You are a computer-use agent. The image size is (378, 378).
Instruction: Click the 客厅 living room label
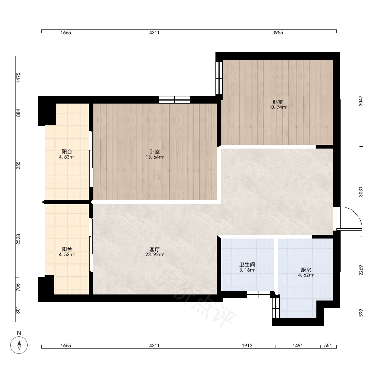[155, 249]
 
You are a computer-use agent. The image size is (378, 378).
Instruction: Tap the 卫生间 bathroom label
[247, 265]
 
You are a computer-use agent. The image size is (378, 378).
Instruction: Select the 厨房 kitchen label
[306, 270]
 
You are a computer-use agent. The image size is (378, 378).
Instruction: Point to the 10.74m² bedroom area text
[278, 107]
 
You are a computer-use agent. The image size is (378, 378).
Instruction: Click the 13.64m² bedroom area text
[155, 157]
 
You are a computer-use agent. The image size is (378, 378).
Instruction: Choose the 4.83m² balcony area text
[67, 157]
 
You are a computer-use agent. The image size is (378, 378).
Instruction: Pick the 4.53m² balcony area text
[67, 254]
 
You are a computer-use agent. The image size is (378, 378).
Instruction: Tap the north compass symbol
[19, 345]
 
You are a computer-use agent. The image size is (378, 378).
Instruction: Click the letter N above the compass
[19, 333]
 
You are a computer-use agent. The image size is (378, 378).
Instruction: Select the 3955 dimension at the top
[278, 33]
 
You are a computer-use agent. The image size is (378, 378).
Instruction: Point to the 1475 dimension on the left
[18, 78]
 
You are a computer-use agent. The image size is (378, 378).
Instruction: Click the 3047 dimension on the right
[361, 101]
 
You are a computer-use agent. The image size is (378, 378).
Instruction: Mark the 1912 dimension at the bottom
[247, 346]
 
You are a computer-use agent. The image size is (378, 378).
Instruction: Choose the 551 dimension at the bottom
[328, 346]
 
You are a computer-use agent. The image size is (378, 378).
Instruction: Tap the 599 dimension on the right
[361, 313]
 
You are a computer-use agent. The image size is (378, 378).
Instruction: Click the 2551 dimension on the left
[18, 164]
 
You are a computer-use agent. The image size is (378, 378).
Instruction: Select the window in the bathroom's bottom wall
[259, 294]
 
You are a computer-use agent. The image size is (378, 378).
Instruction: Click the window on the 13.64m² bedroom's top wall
[175, 100]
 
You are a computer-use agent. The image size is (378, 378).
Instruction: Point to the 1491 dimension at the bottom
[298, 346]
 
